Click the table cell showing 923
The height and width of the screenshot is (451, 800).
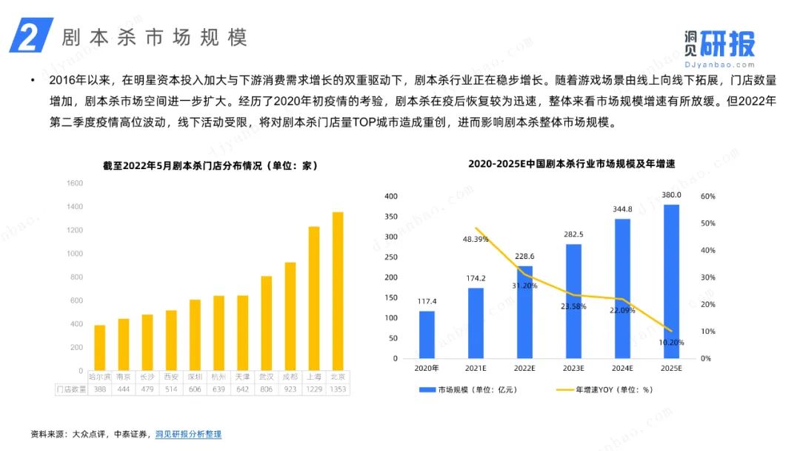[290, 389]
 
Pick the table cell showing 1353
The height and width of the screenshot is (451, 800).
[338, 389]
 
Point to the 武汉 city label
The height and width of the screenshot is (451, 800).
[266, 377]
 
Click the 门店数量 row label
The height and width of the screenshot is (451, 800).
[71, 389]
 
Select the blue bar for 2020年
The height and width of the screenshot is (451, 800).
[427, 335]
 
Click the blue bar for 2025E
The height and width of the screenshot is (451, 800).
[671, 281]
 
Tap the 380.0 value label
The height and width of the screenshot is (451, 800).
[671, 195]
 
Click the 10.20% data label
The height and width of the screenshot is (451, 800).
[671, 342]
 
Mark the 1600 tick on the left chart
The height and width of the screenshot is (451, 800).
[74, 183]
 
